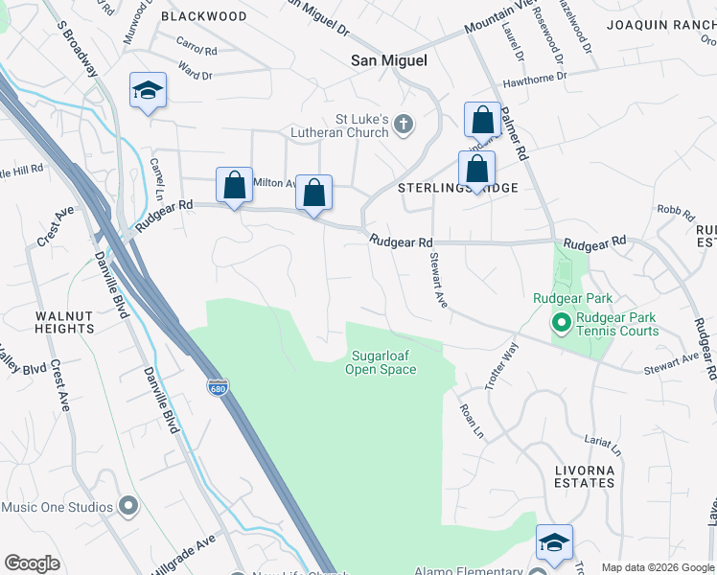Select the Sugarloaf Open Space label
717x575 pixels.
click(382, 362)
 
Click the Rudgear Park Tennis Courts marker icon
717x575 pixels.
click(558, 324)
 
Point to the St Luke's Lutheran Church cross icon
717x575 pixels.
click(405, 124)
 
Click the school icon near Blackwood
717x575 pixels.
click(148, 91)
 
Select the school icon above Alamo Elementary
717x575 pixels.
click(554, 542)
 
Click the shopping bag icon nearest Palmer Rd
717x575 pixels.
click(482, 121)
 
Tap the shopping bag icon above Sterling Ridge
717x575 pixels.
click(476, 170)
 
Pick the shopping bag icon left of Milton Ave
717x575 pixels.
click(234, 186)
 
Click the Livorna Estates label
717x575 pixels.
click(584, 475)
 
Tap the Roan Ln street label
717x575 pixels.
click(473, 421)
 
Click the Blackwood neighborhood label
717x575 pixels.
click(203, 16)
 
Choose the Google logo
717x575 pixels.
click(33, 563)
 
